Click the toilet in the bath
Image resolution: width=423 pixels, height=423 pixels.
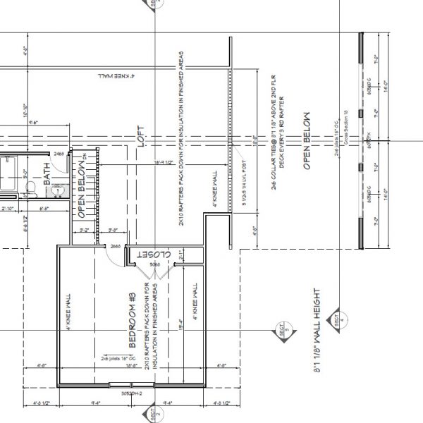(x=30, y=188)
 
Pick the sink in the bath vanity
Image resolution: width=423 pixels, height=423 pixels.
(x=58, y=190)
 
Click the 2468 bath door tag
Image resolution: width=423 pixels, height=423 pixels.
(x=59, y=153)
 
